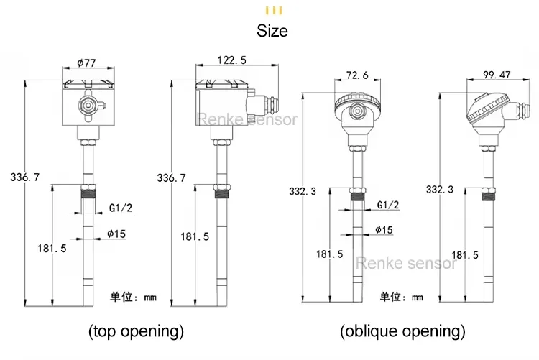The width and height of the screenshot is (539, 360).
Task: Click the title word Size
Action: [x=272, y=31]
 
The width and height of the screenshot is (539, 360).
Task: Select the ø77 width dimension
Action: [x=87, y=63]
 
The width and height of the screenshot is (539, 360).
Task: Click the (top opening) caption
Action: [x=136, y=331]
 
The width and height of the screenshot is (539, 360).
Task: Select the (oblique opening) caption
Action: [x=402, y=331]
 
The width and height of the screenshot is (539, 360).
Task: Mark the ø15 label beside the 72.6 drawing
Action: [x=384, y=230]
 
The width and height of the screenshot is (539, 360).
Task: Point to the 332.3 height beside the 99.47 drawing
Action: [x=440, y=190]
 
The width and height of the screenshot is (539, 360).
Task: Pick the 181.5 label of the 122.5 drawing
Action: [x=194, y=236]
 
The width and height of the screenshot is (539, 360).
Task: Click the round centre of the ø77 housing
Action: [x=88, y=105]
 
